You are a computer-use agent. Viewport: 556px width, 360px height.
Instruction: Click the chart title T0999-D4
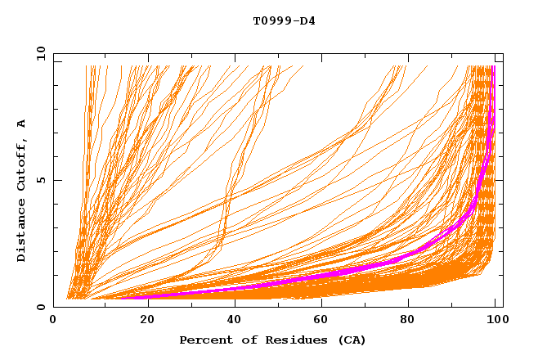click(x=284, y=20)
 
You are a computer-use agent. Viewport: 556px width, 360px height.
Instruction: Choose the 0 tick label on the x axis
click(x=53, y=320)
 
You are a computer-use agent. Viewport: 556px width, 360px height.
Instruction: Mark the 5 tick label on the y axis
click(x=41, y=180)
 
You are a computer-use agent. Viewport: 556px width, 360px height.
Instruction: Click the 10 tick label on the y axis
click(x=38, y=53)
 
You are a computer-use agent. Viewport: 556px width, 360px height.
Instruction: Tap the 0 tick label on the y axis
click(x=41, y=307)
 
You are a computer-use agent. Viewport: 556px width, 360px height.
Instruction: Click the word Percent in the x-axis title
click(x=204, y=340)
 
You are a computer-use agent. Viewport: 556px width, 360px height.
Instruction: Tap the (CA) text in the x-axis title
click(x=349, y=340)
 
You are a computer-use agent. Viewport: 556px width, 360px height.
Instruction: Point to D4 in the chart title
click(x=307, y=20)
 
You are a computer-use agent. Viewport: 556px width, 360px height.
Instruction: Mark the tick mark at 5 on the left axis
click(x=56, y=180)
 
